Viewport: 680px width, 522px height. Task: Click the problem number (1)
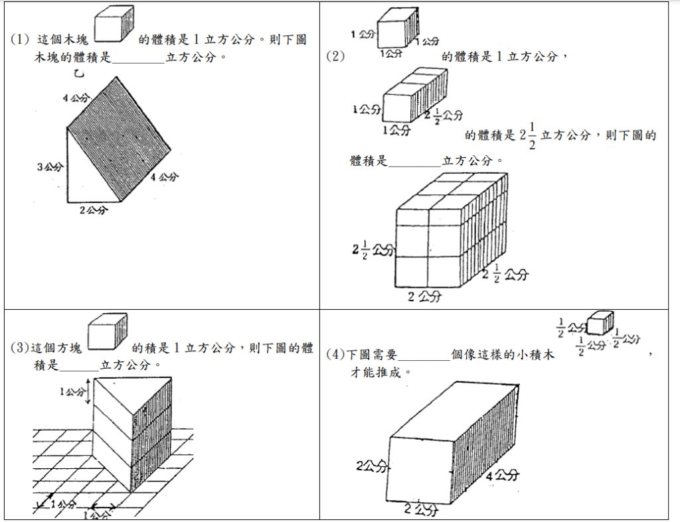coord(20,40)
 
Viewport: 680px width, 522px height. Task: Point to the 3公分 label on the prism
coord(50,166)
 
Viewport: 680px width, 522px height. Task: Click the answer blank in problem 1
coord(137,58)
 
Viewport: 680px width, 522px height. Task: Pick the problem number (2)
coord(335,56)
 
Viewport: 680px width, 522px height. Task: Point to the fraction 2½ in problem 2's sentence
coord(528,136)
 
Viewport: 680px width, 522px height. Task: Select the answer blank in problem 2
coord(414,161)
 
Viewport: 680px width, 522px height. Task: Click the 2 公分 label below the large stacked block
coord(424,296)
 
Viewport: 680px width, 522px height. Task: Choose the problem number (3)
coord(21,348)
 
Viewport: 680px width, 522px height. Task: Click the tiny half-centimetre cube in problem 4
coord(600,321)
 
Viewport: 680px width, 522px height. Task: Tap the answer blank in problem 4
coord(424,355)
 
